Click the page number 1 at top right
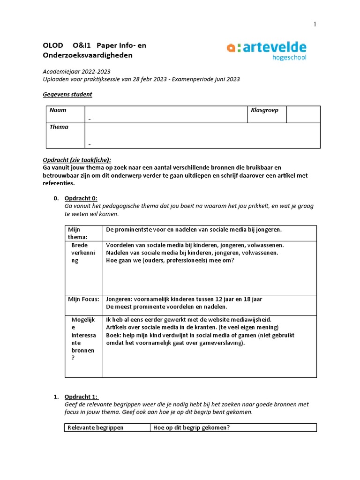pos(315,24)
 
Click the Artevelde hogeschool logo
pos(266,51)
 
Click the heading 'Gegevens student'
pos(67,94)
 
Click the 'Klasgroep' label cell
pos(264,110)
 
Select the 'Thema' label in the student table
pos(59,127)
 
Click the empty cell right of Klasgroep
pos(303,114)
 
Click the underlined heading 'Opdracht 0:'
pos(81,198)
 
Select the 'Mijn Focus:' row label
pos(83,299)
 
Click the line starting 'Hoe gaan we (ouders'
pos(170,261)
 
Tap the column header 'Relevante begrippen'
pos(96,427)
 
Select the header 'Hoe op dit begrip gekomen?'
pos(191,427)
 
